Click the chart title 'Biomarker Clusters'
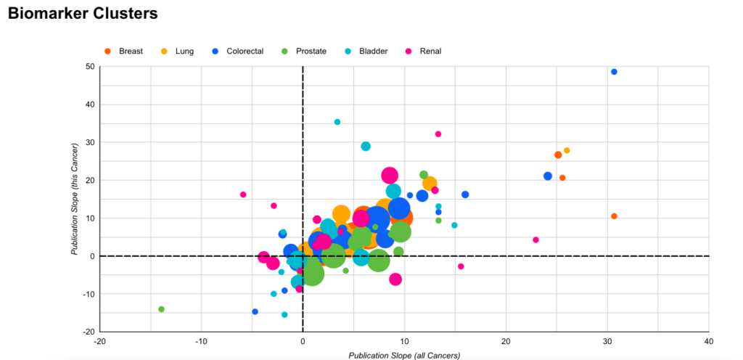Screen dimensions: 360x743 tap(83, 14)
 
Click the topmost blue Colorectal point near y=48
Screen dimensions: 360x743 tap(614, 72)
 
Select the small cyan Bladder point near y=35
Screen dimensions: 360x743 tap(337, 122)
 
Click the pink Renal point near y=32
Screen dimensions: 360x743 tap(438, 134)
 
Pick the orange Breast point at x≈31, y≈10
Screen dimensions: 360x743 tap(614, 216)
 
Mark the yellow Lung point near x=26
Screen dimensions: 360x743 tap(567, 151)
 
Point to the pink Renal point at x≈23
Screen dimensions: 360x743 tap(535, 240)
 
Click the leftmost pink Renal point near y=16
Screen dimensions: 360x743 tap(243, 195)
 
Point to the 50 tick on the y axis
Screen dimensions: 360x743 tap(90, 67)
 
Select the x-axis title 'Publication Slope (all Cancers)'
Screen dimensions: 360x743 tap(404, 355)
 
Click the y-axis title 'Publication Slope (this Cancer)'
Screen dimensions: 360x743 tap(75, 198)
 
